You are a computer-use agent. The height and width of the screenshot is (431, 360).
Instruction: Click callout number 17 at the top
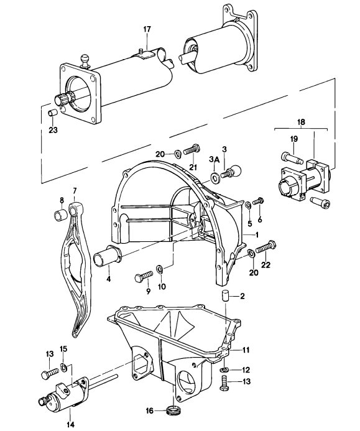[x=147, y=29]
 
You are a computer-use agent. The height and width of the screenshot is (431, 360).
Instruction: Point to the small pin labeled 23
[x=53, y=113]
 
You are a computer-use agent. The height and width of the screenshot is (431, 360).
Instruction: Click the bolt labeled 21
[x=192, y=149]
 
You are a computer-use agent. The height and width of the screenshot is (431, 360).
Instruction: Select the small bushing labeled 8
[x=61, y=216]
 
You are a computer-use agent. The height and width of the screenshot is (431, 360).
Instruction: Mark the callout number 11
[x=246, y=350]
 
